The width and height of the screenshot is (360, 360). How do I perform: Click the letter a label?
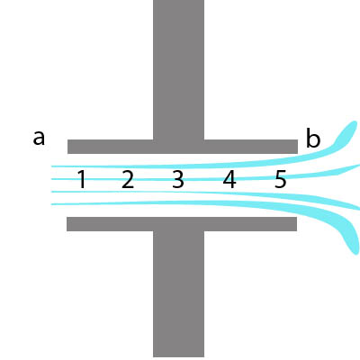pos(39,139)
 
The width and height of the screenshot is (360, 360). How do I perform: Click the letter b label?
pos(313,138)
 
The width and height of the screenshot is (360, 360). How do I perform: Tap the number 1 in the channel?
pos(82,179)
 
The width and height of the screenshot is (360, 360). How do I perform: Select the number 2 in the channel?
pos(128,179)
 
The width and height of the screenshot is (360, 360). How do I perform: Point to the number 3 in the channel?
pos(178,179)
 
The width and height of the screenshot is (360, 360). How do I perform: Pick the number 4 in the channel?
pos(229,179)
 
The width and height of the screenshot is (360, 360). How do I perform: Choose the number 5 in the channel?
pos(281,179)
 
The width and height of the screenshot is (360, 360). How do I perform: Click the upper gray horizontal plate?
pos(183,147)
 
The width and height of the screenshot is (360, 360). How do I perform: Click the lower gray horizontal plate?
pos(182,224)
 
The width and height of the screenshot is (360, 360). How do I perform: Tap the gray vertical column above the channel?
pos(179,69)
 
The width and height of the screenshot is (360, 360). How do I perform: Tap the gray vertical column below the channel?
pos(179,294)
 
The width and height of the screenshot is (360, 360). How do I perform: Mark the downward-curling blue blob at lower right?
pos(351,237)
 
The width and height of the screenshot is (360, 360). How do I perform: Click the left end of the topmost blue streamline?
pos(52,166)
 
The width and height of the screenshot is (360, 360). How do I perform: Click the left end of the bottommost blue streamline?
pos(52,204)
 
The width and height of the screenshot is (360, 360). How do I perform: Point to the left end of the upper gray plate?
pos(68,147)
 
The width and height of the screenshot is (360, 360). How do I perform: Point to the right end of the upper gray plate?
pos(297,147)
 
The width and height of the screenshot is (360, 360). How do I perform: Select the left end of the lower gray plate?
pos(67,224)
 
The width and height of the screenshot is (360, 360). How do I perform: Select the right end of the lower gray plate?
pos(296,224)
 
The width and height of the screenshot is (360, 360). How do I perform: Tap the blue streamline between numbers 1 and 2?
pos(104,179)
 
